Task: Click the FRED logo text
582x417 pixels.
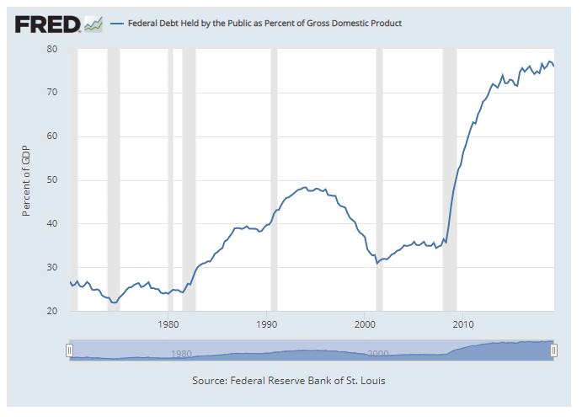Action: tap(47, 23)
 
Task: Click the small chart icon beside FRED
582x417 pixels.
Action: tap(93, 24)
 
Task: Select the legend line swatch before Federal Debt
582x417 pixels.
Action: tap(115, 24)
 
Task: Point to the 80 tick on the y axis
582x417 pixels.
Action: tap(51, 49)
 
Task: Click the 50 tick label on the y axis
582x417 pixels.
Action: tap(51, 180)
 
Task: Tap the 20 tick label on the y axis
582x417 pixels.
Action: tap(51, 312)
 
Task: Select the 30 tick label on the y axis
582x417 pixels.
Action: tap(51, 268)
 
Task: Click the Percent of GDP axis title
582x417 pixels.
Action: tap(26, 180)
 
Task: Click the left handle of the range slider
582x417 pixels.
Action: tap(70, 350)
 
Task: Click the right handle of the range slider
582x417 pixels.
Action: tap(554, 350)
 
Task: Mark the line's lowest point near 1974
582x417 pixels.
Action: tap(114, 302)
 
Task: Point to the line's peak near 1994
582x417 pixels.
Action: tap(305, 187)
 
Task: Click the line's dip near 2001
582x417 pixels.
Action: tap(377, 264)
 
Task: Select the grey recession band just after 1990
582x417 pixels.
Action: tap(274, 180)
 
